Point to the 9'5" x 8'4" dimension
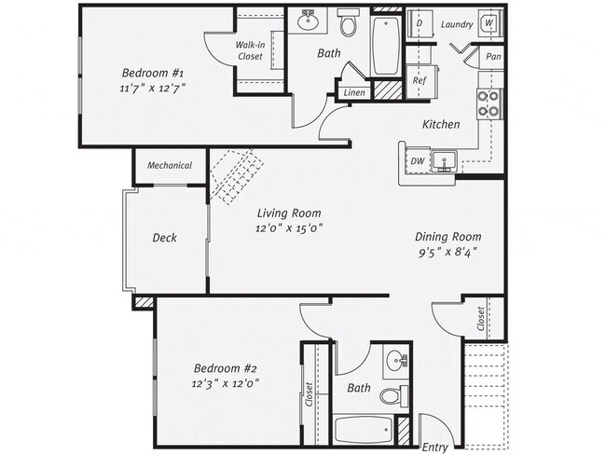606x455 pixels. [449, 252]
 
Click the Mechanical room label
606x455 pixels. [170, 166]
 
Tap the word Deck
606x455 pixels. [165, 238]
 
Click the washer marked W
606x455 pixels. [489, 25]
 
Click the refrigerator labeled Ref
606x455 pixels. [420, 80]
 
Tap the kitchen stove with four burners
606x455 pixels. [489, 103]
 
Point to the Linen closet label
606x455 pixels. [354, 92]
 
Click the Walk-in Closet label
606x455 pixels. [250, 50]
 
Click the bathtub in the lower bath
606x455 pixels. [364, 431]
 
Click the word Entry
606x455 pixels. [435, 447]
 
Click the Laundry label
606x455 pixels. [456, 24]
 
